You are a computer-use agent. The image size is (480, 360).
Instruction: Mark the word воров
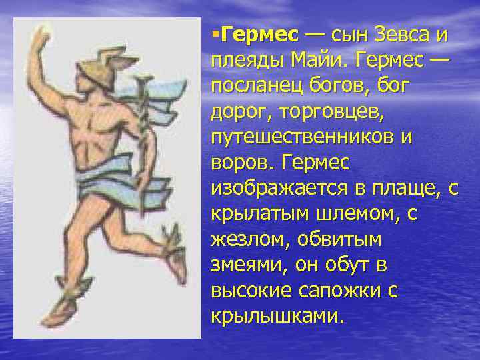(x=241, y=163)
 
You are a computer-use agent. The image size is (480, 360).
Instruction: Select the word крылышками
(x=277, y=316)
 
